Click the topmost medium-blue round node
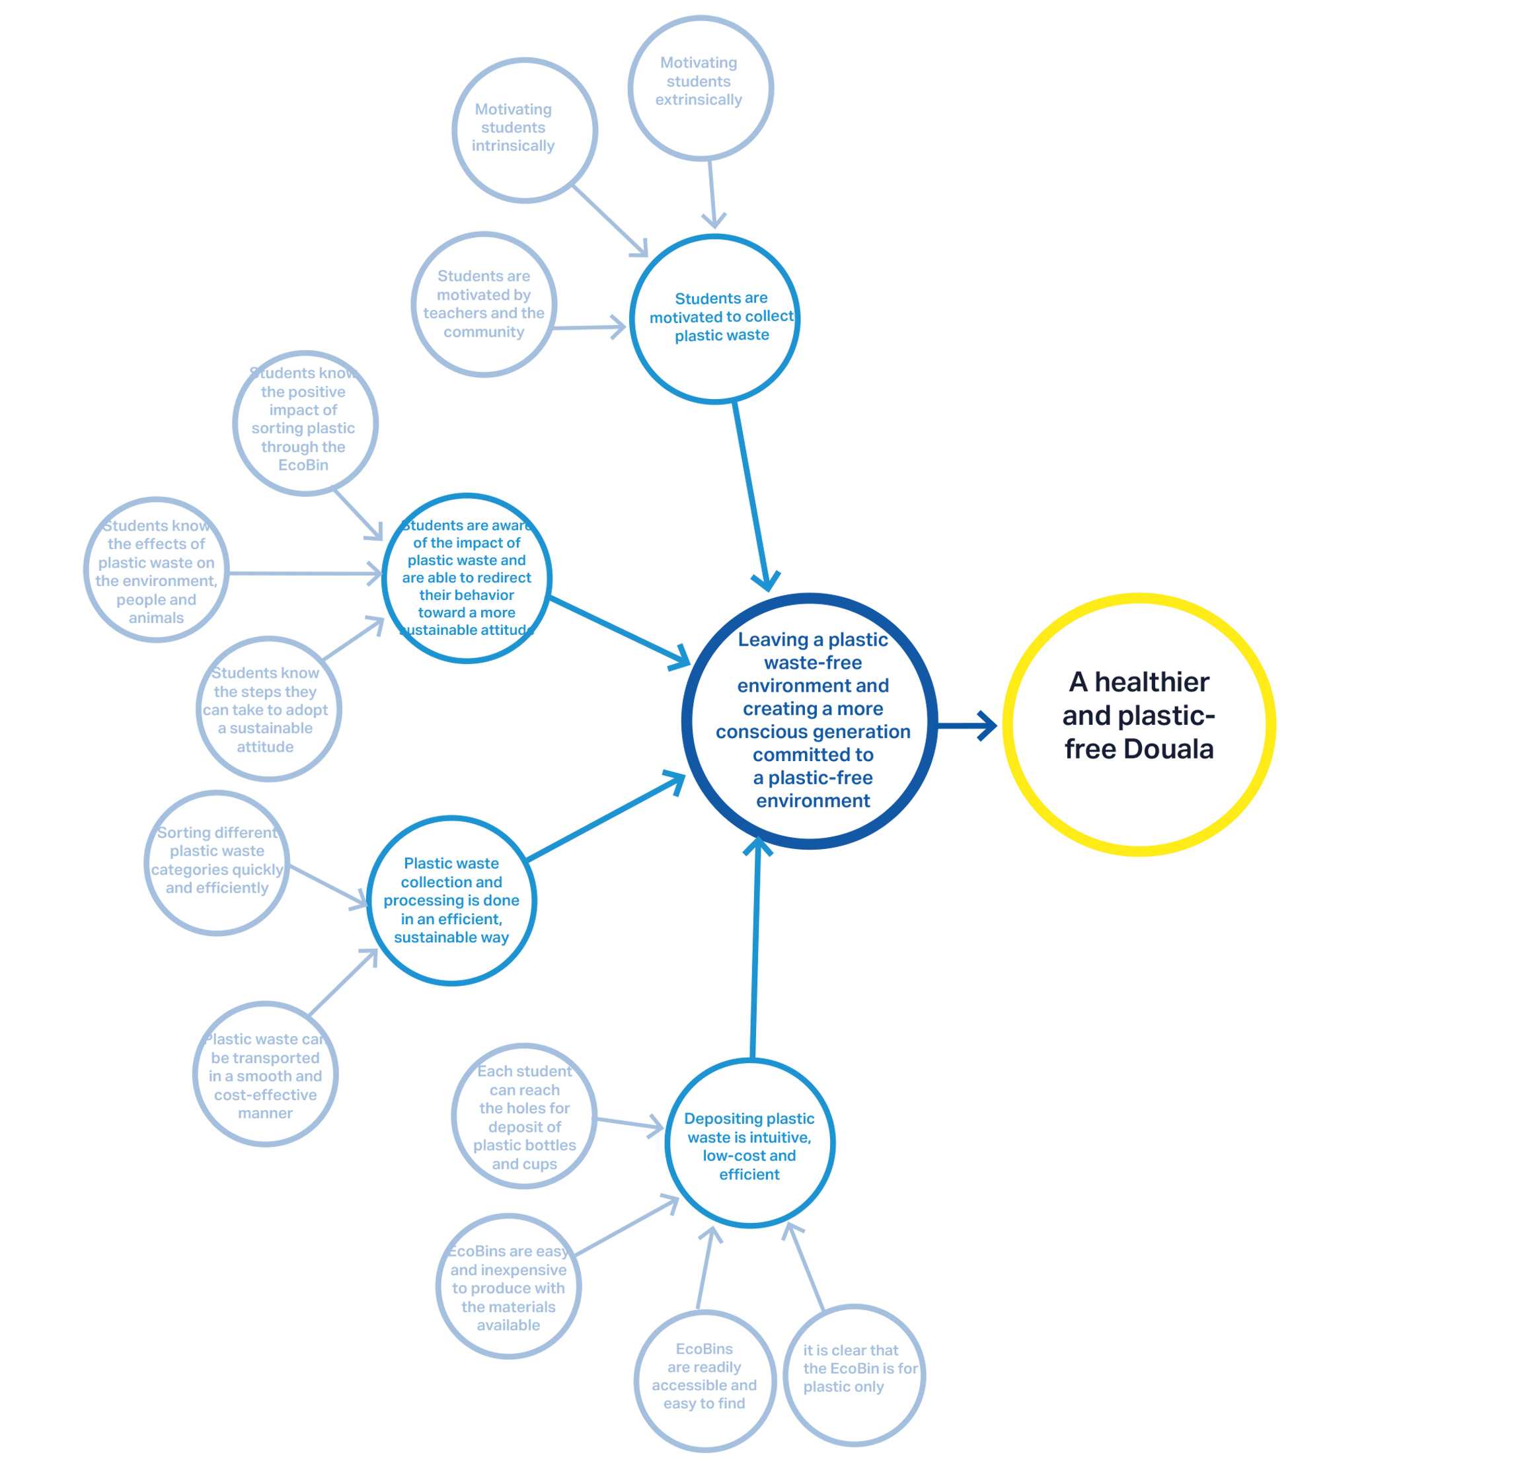pyautogui.click(x=715, y=318)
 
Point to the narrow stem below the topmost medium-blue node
pyautogui.click(x=759, y=466)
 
